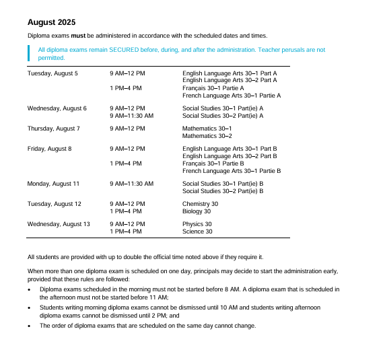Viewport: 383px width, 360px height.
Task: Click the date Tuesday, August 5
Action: (x=53, y=73)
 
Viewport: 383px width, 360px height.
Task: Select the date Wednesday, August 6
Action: (x=57, y=108)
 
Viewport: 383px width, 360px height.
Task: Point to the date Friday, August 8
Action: (x=49, y=149)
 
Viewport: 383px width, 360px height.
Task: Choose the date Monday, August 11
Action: (x=53, y=184)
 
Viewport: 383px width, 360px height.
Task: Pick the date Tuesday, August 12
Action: (x=54, y=204)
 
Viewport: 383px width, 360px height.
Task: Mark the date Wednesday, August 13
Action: (x=58, y=224)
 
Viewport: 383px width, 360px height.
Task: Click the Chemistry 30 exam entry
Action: (x=200, y=204)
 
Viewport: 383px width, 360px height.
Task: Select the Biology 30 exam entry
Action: (x=197, y=211)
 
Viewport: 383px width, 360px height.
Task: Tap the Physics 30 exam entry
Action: (x=197, y=224)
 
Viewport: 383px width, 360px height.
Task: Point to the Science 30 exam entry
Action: (x=197, y=231)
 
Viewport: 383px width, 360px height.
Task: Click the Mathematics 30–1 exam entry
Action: (x=207, y=129)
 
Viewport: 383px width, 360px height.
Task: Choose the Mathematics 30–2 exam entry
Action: (x=207, y=136)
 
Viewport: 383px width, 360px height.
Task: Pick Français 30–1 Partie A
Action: (x=213, y=88)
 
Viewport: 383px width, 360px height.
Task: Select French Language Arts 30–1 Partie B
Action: (x=232, y=171)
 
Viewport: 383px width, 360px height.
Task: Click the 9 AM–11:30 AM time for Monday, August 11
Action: (x=131, y=184)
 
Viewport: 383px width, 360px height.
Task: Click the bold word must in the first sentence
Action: (x=78, y=35)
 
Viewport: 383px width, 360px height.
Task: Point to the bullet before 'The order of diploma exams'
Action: (x=29, y=326)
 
